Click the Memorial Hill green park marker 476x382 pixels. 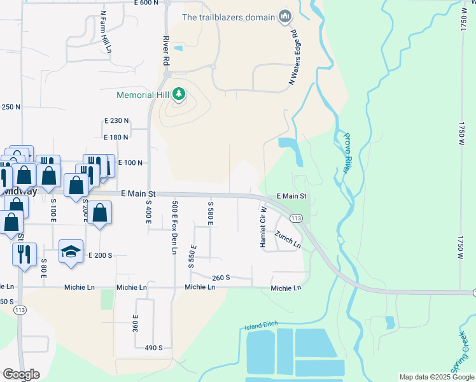pyautogui.click(x=179, y=95)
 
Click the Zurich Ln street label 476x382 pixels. pyautogui.click(x=288, y=239)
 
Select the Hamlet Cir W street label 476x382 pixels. pyautogui.click(x=262, y=227)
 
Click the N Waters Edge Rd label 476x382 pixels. pyautogui.click(x=293, y=57)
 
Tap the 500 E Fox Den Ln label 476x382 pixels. pyautogui.click(x=174, y=227)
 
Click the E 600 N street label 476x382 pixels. pyautogui.click(x=146, y=3)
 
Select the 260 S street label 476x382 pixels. pyautogui.click(x=221, y=278)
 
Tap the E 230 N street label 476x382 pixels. pyautogui.click(x=116, y=120)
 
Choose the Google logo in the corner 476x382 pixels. pyautogui.click(x=20, y=374)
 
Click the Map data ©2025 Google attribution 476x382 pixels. pyautogui.click(x=436, y=377)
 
